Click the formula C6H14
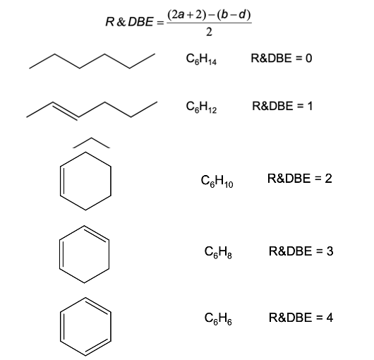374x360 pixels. [x=201, y=59]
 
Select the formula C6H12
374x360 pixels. [x=201, y=107]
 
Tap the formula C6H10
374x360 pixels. [x=217, y=181]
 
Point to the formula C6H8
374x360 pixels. [x=218, y=252]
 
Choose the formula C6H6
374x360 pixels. [x=218, y=318]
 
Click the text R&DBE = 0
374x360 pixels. [x=282, y=58]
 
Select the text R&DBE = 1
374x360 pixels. [x=282, y=106]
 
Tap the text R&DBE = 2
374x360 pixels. [x=300, y=179]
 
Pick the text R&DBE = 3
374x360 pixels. [x=301, y=251]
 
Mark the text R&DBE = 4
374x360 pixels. [x=301, y=318]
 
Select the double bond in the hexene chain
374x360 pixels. [x=65, y=111]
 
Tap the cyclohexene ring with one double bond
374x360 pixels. [x=111, y=181]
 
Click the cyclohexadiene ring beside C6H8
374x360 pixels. [x=109, y=254]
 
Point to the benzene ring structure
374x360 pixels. [x=111, y=327]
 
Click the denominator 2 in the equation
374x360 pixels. [x=209, y=32]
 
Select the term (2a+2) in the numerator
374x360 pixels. [x=186, y=15]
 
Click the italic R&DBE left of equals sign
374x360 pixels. [x=130, y=22]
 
